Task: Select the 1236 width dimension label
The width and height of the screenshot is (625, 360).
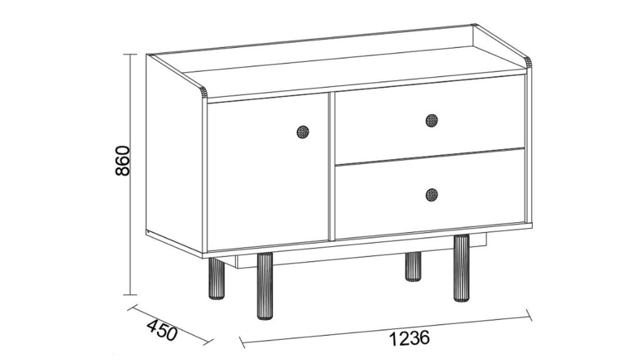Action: pos(409,338)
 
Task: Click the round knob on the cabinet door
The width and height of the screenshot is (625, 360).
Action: pos(303,132)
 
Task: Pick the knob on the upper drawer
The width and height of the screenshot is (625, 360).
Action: pos(432,120)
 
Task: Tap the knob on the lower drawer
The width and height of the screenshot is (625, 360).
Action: pos(432,195)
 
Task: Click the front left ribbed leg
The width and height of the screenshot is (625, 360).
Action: pos(265,286)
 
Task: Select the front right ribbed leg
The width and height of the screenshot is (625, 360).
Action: pos(461,268)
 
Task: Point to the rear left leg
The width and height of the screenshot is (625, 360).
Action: pos(217,279)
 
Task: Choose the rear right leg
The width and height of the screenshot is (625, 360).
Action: pos(413,266)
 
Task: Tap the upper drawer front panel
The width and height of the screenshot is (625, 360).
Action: pos(430,119)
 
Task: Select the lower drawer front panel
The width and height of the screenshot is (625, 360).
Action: pos(430,194)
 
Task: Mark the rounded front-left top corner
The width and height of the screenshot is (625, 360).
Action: pos(203,92)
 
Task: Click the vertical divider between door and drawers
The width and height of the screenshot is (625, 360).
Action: pos(332,166)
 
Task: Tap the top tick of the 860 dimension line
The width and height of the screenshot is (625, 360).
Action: pos(130,54)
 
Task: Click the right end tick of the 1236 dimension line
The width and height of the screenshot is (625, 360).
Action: pos(530,314)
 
